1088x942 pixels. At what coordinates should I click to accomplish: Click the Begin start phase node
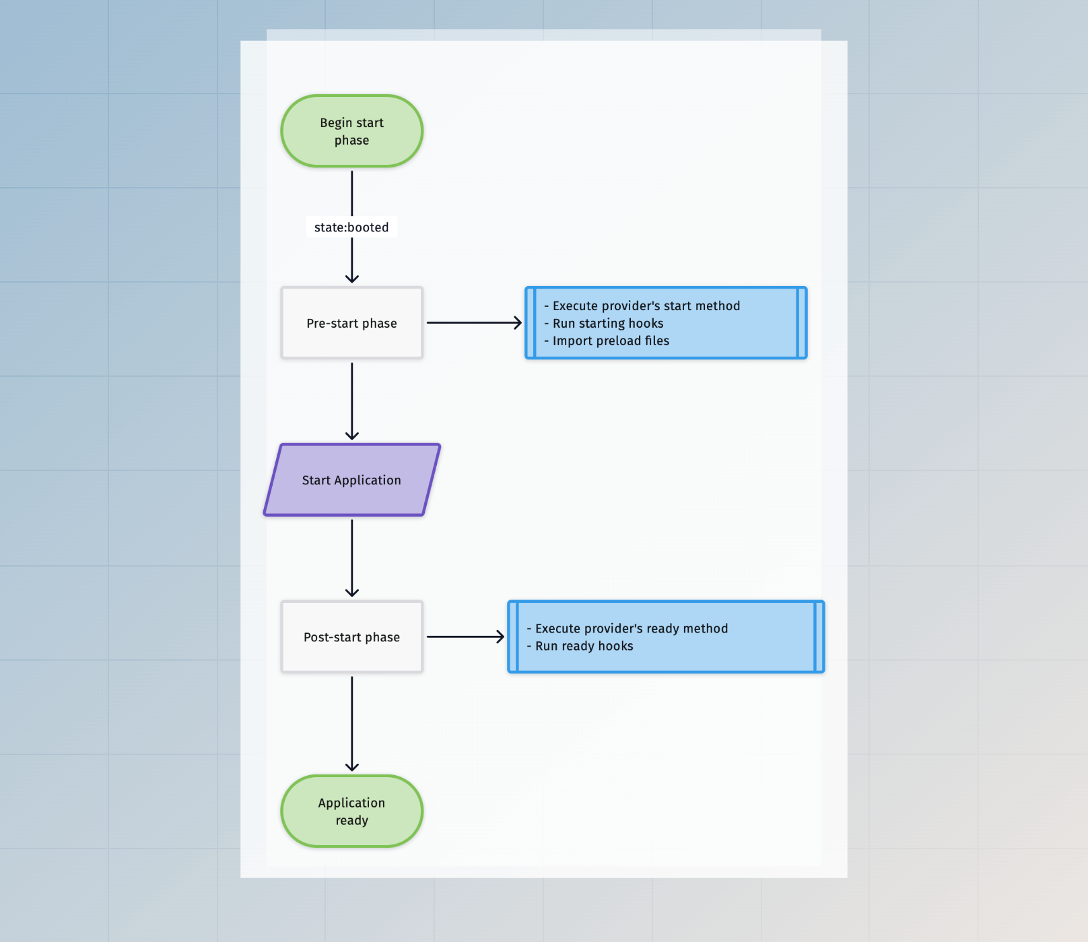point(351,131)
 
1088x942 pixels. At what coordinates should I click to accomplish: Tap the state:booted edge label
point(351,227)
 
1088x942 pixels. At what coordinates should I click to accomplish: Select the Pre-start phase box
point(351,323)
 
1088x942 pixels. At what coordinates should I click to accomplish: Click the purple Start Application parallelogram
point(351,480)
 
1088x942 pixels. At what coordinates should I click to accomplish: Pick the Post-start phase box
point(351,637)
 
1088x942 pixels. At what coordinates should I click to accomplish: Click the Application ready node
point(351,811)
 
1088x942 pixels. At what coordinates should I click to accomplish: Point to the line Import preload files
point(610,341)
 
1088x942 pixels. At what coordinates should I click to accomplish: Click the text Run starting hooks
point(607,324)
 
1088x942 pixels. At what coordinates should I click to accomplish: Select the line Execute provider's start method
point(645,306)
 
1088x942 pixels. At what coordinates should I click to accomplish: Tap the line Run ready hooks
point(584,646)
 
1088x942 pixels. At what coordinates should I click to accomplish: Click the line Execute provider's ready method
point(631,628)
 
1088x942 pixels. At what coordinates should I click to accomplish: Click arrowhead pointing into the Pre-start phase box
point(351,279)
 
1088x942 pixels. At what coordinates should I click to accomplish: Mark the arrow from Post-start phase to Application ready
point(351,723)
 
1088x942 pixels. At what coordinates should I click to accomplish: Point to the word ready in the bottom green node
point(351,820)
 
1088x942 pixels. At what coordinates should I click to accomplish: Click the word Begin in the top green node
point(336,122)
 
